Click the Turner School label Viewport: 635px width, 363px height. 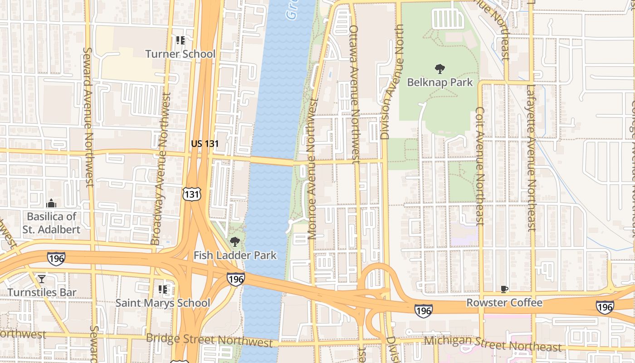point(180,54)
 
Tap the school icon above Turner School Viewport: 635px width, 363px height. point(181,40)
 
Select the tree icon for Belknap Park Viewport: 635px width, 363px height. point(440,69)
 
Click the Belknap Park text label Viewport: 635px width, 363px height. point(440,83)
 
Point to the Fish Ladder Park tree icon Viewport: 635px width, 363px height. point(234,241)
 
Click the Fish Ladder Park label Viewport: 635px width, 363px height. point(235,255)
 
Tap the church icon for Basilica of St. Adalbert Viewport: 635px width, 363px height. point(51,203)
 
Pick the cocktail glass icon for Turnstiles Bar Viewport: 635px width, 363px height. point(42,279)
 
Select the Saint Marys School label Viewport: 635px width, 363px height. point(162,303)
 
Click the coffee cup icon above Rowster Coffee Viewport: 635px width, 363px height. point(504,289)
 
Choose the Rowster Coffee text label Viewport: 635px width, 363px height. point(504,303)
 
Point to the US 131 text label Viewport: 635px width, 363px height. point(205,144)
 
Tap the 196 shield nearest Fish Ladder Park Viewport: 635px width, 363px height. point(236,279)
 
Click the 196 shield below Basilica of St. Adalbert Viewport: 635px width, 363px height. point(56,258)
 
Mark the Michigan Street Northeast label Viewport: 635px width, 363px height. point(493,343)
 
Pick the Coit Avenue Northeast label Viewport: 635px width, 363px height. point(480,166)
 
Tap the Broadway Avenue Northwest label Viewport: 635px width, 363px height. point(162,169)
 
